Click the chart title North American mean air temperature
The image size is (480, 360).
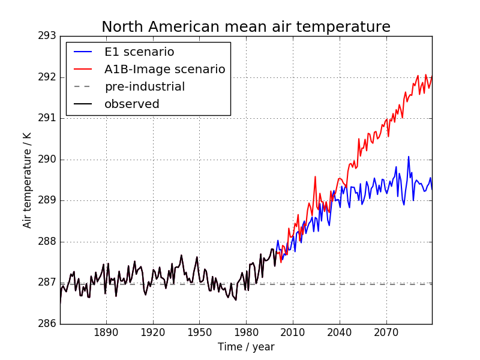click(246, 27)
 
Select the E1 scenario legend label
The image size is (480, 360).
click(139, 52)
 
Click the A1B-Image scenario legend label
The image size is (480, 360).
click(164, 69)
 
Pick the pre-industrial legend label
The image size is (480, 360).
click(145, 86)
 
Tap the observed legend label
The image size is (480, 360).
click(132, 104)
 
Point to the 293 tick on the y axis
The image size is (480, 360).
click(47, 36)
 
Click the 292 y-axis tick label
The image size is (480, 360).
click(47, 77)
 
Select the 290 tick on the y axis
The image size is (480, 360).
click(47, 160)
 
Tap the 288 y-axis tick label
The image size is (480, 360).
click(47, 242)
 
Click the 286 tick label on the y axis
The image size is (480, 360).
click(47, 323)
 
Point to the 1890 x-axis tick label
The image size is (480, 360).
click(106, 333)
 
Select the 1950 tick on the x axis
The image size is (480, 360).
click(199, 333)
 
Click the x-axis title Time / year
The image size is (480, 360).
click(246, 347)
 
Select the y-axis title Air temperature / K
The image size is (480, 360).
click(28, 180)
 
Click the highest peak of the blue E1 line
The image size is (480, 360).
click(409, 157)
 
